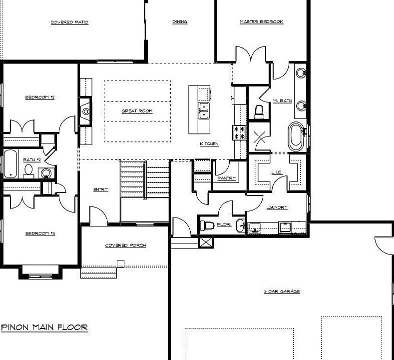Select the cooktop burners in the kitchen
[239, 132]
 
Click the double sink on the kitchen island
[203, 110]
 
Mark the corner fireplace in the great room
[86, 111]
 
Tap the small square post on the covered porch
[120, 263]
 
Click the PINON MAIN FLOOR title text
[44, 327]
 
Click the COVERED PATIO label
[69, 22]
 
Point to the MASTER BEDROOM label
[261, 22]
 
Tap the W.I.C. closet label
[278, 173]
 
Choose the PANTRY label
[226, 178]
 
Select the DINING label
[180, 22]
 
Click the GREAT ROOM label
[137, 111]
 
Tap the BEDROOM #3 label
[40, 233]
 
